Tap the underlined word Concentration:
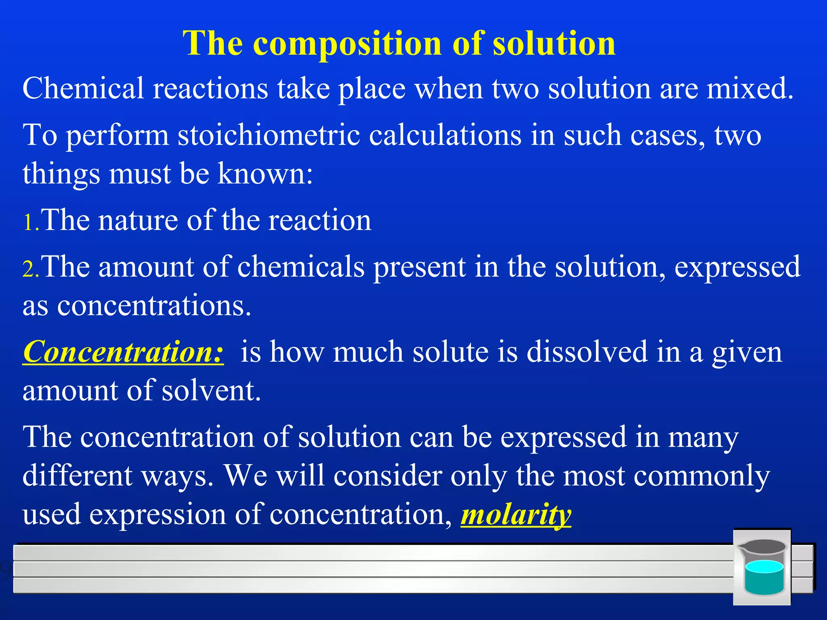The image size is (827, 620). click(x=123, y=352)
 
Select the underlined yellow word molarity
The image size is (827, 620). click(x=516, y=515)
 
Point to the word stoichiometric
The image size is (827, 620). click(x=269, y=136)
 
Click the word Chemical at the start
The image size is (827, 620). click(x=83, y=89)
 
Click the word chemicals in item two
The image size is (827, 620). click(x=301, y=267)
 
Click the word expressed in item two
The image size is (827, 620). click(x=737, y=267)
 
